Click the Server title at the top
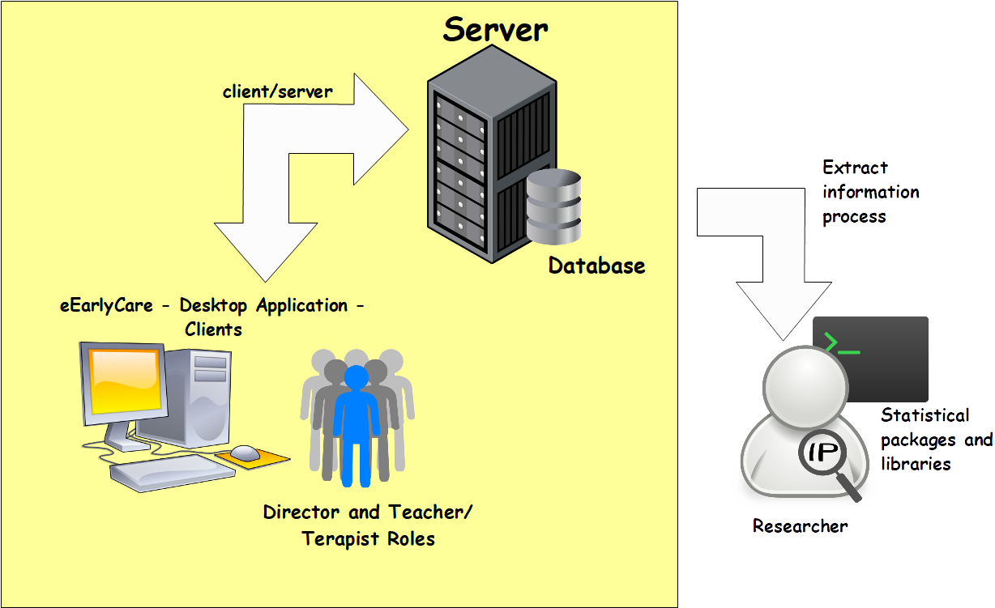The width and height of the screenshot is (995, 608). tap(495, 29)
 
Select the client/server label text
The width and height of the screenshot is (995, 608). tap(277, 91)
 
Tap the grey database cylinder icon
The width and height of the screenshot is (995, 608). tap(553, 208)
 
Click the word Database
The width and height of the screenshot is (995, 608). tap(596, 266)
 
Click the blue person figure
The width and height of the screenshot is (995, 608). tap(356, 425)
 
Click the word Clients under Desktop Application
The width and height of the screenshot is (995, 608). tap(213, 330)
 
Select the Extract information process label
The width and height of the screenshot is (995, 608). tap(870, 192)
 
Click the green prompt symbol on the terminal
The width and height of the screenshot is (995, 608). tap(840, 344)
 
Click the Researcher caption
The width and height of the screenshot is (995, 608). tap(800, 526)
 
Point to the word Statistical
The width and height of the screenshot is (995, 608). tap(925, 415)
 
